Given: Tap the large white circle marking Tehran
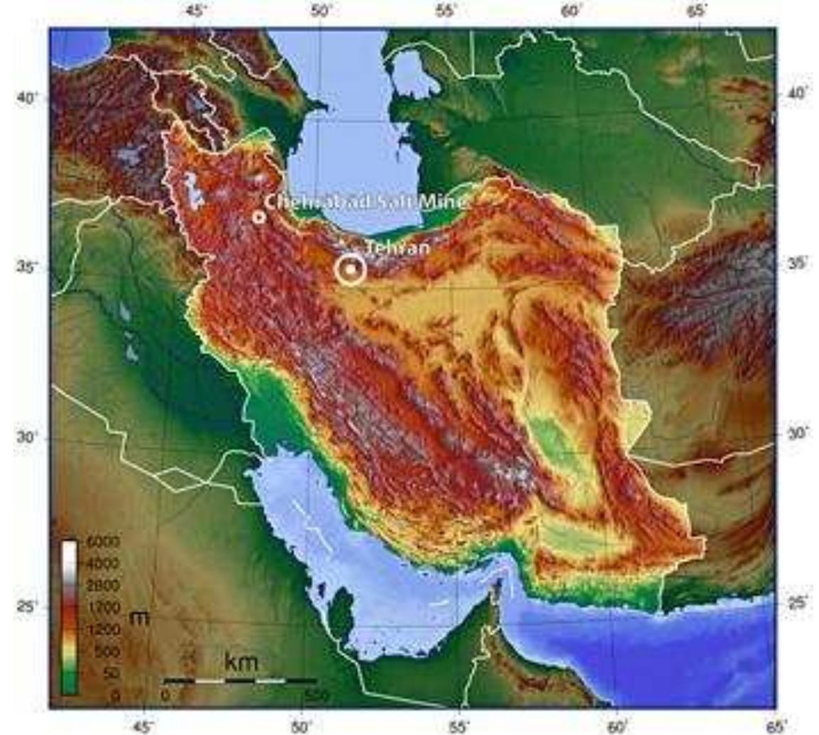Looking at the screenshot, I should click(x=350, y=270).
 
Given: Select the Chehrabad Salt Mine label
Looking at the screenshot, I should click(x=365, y=202).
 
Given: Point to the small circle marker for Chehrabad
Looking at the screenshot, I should click(x=259, y=217).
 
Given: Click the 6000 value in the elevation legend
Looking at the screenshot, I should click(x=104, y=543).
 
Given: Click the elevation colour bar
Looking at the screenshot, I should click(x=70, y=618).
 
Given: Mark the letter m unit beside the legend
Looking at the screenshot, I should click(x=141, y=617).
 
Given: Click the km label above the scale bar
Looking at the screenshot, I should click(x=241, y=663).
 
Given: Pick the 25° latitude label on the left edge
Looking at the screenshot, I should click(x=26, y=608).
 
